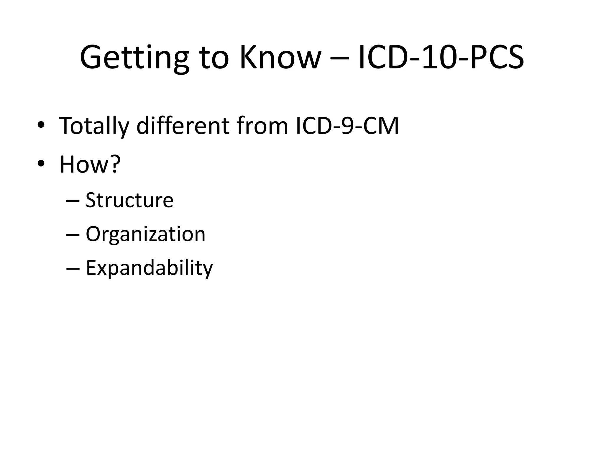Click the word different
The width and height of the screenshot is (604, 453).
pos(183,126)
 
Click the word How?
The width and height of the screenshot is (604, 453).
pos(90,164)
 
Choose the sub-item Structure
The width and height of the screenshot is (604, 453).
pos(129,200)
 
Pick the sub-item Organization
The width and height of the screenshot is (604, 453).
pos(145,234)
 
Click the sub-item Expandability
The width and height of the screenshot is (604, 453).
pos(149,268)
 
